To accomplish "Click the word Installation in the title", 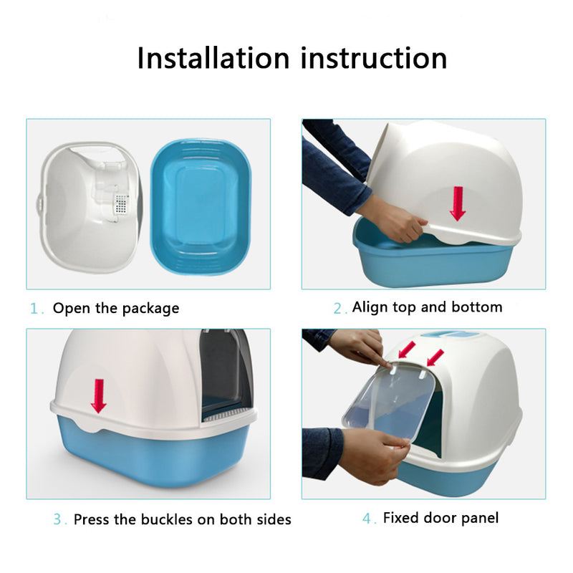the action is pos(213,58).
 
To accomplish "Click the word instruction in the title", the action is pos(374,58).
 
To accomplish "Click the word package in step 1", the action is pos(150,309).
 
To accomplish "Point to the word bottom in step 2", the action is pos(477,307).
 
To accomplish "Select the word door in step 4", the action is pos(439,518).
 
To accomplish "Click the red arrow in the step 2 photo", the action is pos(458,203).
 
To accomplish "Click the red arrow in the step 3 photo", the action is pos(99,396).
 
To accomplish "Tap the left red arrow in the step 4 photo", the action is pos(407,350).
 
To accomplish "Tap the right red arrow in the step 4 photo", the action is pos(435,357).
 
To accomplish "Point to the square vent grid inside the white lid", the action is pos(121,203).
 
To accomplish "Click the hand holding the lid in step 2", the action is pos(398,223).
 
